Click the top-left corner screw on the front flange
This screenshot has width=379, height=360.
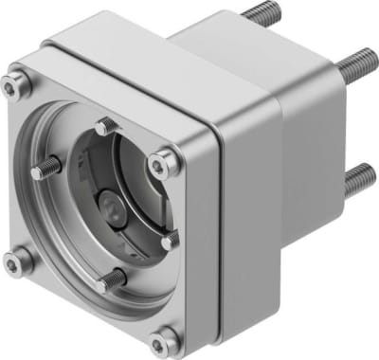point(11,86)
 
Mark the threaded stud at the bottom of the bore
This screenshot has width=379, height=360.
point(112,279)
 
